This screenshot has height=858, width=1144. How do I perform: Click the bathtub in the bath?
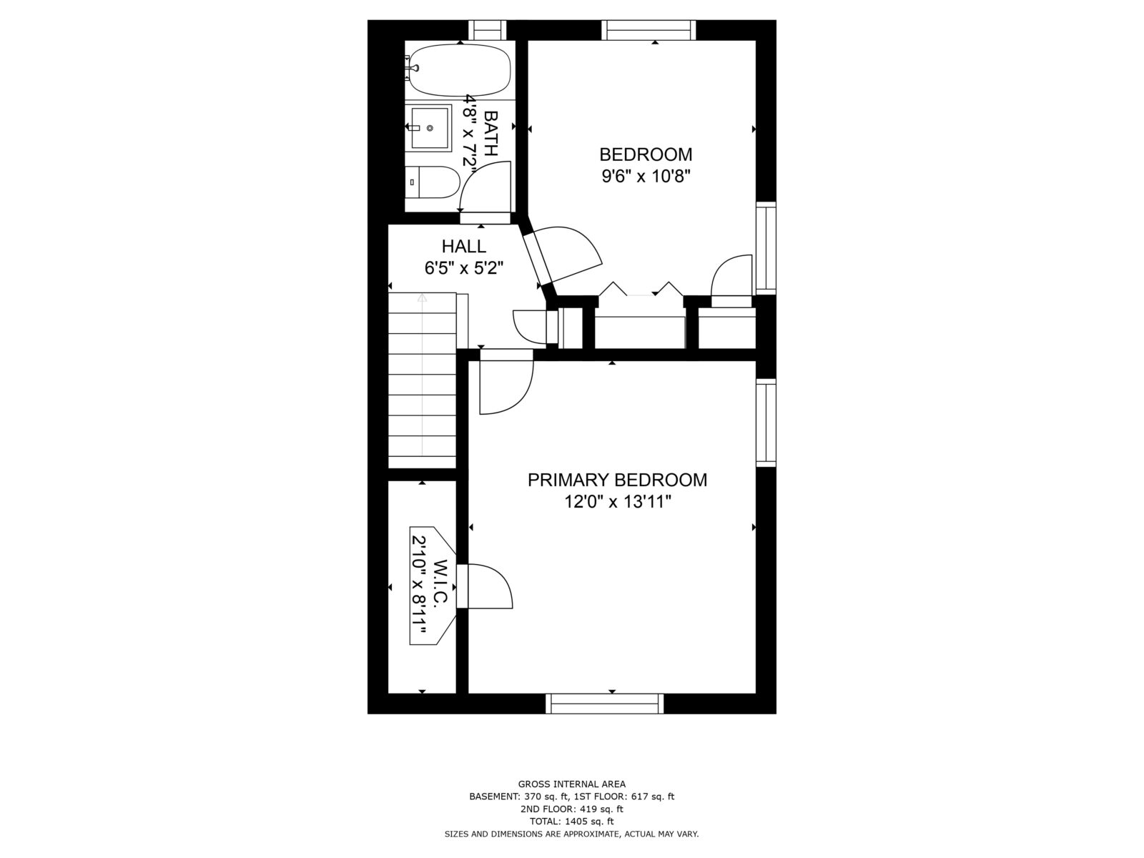point(459,70)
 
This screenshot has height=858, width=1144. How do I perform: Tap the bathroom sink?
point(430,128)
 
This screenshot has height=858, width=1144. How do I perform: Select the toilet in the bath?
point(432,182)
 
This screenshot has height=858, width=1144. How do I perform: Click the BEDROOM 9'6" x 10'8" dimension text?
point(646,176)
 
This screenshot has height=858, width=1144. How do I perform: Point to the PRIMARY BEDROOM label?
point(617,480)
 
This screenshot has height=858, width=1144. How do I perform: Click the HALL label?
point(463,247)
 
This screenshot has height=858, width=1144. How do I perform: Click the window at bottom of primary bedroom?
point(604,703)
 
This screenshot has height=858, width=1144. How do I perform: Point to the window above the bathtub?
point(487,30)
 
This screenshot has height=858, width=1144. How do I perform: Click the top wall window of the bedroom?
point(648,30)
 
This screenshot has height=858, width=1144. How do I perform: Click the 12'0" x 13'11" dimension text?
point(617,503)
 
